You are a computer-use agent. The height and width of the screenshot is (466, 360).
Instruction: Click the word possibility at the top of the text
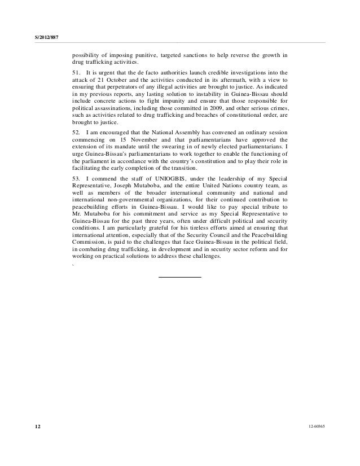coord(86,55)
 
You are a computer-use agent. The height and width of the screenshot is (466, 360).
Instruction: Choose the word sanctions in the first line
coord(208,55)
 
